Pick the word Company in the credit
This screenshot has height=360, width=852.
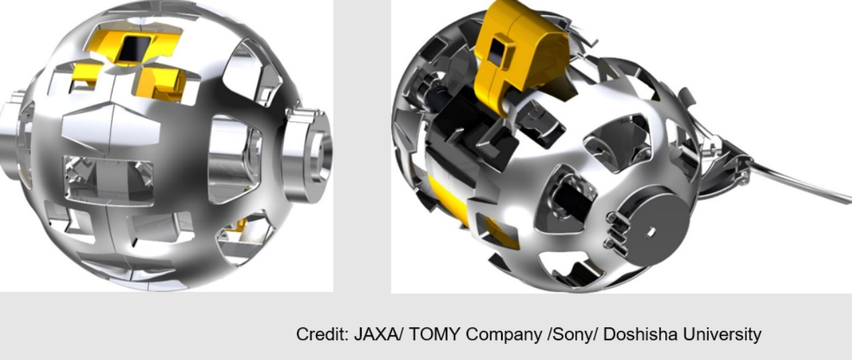click(x=503, y=335)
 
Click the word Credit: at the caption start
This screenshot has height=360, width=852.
click(x=322, y=334)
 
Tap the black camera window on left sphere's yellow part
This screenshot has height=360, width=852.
click(x=134, y=48)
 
